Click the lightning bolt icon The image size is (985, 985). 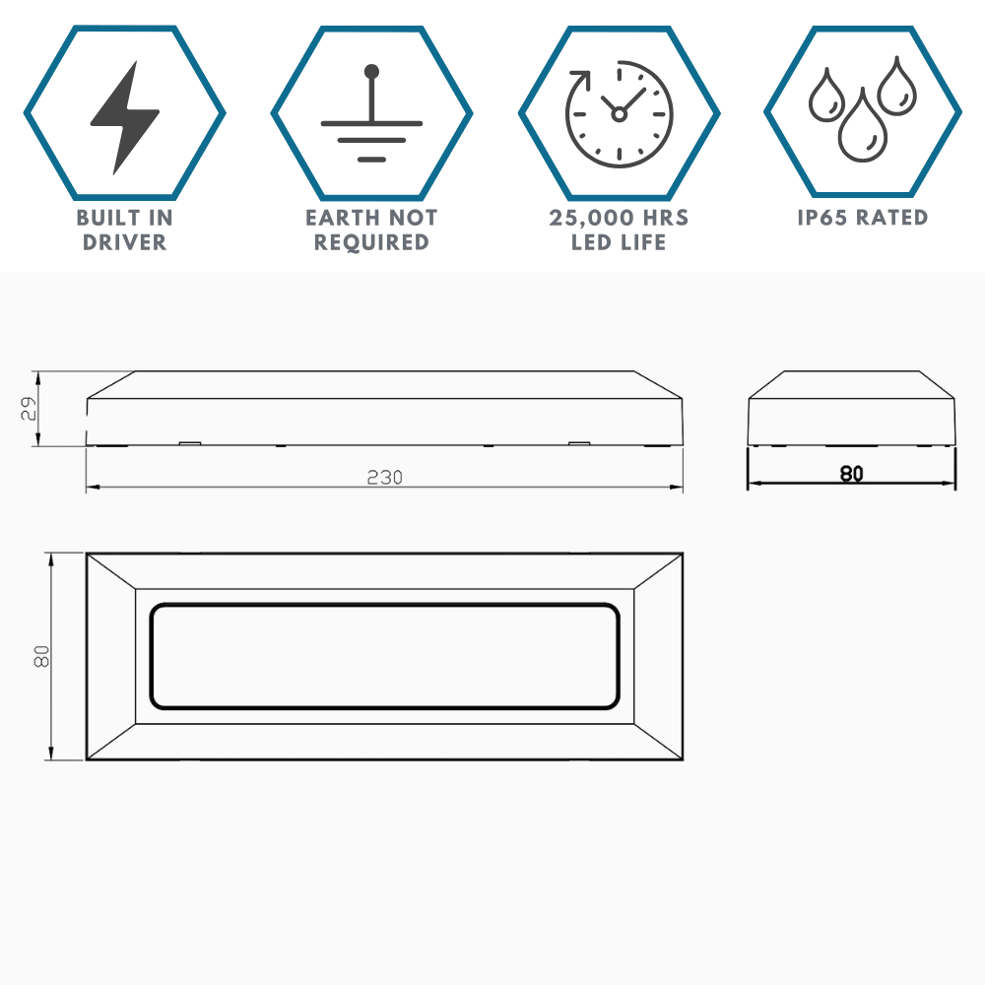point(124,117)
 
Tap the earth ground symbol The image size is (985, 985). point(372,113)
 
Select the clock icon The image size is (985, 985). point(619,113)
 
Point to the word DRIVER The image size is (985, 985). point(124,242)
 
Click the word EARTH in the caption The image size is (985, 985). point(344,218)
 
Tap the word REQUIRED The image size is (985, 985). point(372,242)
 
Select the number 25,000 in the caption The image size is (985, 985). point(589,218)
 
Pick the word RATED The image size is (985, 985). point(892,218)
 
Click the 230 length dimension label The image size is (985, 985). point(384,478)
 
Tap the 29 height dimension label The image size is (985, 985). point(29,409)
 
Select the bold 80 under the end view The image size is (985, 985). point(851,473)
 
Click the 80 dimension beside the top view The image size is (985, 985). point(41,656)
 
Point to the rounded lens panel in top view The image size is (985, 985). point(384,605)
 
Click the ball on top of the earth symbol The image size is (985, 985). point(372,71)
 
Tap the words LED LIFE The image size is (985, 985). point(619,242)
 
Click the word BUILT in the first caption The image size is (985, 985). point(104,218)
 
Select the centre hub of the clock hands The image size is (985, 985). point(619,114)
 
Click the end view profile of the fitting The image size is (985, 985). point(852,409)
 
